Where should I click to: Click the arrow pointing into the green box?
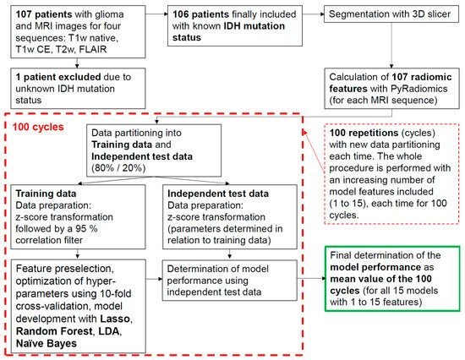pos(314,275)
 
